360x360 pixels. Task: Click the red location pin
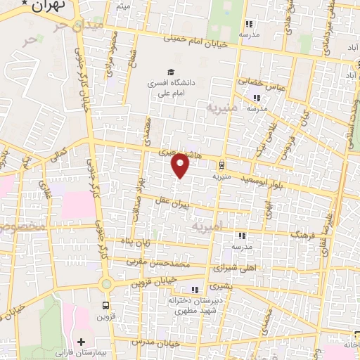click(181, 165)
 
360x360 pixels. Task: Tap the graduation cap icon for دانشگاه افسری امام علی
click(170, 72)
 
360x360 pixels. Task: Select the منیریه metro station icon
click(222, 166)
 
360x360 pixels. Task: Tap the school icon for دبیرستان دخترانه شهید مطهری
click(195, 290)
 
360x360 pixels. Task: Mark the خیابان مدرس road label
click(160, 342)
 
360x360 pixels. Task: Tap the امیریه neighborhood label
click(207, 226)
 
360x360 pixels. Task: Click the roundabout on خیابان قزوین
click(106, 285)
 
